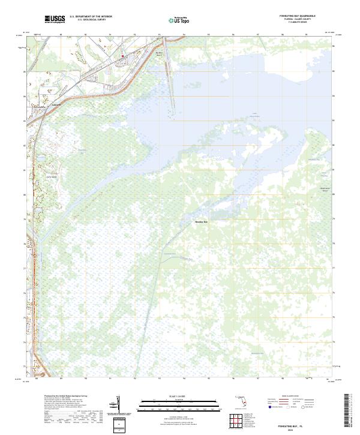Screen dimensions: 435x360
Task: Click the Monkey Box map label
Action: coord(202,221)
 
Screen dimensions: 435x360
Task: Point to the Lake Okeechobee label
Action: coord(256,113)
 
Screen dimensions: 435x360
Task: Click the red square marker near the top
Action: coord(124,58)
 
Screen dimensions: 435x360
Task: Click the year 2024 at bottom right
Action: coord(294,428)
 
